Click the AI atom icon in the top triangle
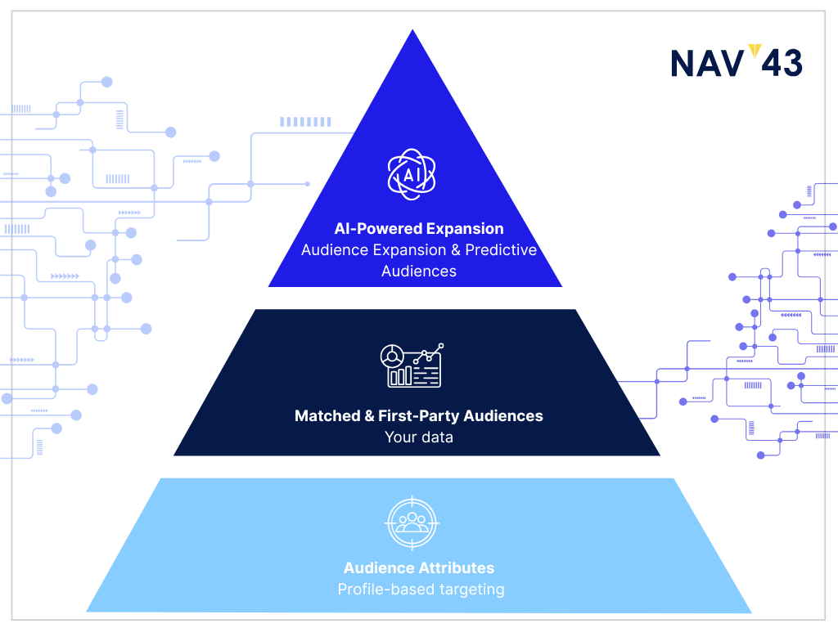(x=412, y=175)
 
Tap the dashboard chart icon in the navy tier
(x=412, y=366)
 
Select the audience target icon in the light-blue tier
(x=412, y=523)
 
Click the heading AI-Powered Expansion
(x=419, y=229)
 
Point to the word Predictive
(x=501, y=250)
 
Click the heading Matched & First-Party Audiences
(x=418, y=415)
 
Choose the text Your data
(x=419, y=437)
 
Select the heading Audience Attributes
(x=419, y=567)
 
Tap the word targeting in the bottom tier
(x=472, y=590)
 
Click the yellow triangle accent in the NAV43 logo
(x=755, y=50)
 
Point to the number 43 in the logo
(x=782, y=64)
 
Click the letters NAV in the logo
(x=707, y=64)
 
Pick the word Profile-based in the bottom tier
(x=386, y=590)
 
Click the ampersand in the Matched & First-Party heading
(x=369, y=415)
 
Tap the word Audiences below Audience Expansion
(x=419, y=271)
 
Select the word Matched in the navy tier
(x=327, y=415)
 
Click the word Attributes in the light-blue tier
(x=457, y=567)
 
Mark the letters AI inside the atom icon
(x=411, y=175)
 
